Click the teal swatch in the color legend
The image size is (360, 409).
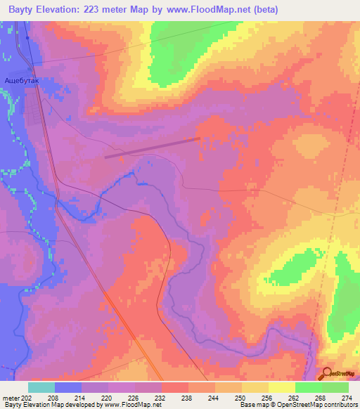click(41, 387)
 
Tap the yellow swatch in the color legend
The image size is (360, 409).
click(281, 387)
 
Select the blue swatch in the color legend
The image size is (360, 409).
click(68, 387)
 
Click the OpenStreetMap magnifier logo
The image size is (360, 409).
click(325, 374)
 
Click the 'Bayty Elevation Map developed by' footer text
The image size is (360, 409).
click(49, 405)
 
